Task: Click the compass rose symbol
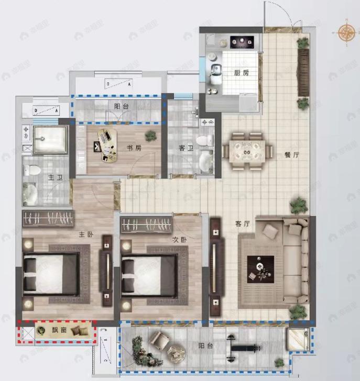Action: tap(346, 32)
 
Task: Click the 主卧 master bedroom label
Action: tap(86, 234)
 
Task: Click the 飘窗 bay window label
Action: tap(58, 331)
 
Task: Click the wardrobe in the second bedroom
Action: tap(147, 226)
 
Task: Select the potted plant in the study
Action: tap(151, 135)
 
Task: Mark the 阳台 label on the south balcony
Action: tap(205, 345)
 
